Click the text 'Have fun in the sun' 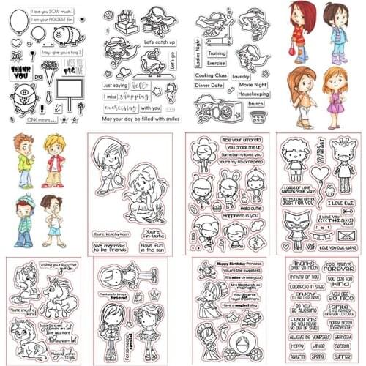tap(151, 236)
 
